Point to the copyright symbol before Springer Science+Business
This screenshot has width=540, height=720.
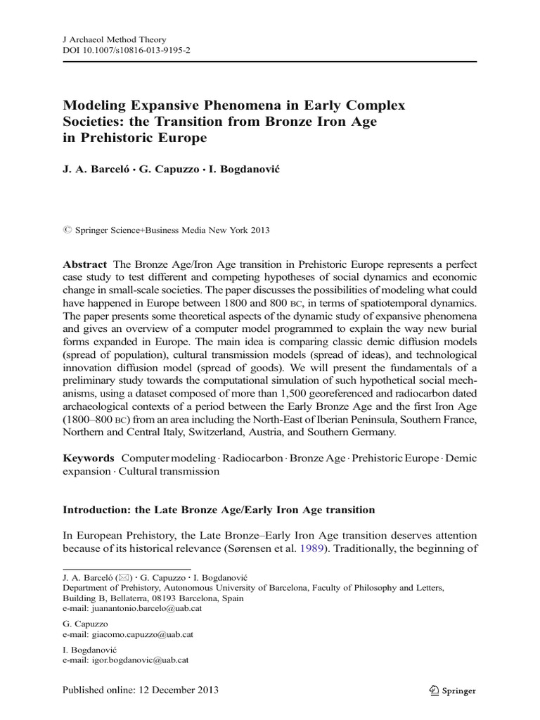click(67, 230)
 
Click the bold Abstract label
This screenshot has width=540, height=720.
click(85, 264)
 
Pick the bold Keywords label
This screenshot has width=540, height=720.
click(89, 458)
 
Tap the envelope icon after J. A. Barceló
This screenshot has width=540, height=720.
click(124, 577)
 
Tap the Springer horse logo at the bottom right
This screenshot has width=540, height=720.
click(433, 690)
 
